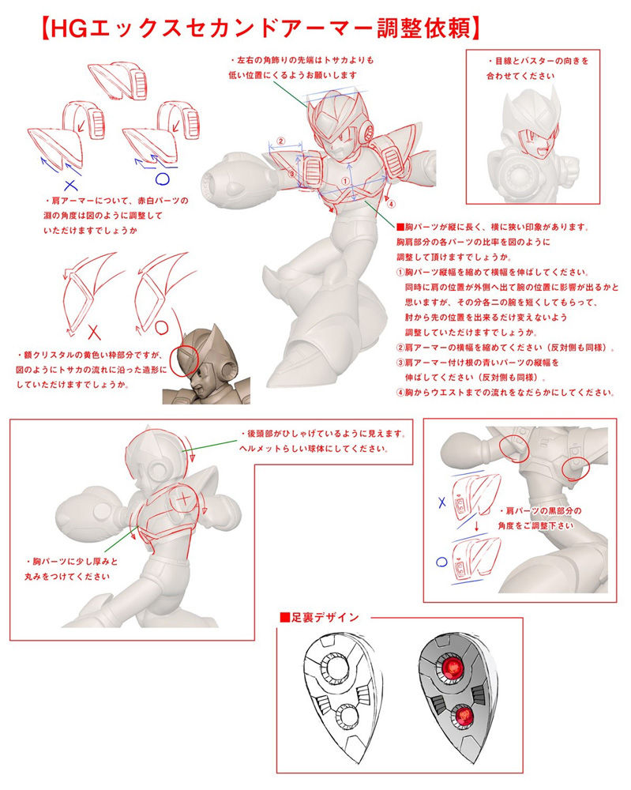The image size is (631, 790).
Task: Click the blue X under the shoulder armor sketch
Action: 71,186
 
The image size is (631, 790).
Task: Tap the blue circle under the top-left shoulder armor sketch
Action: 162,179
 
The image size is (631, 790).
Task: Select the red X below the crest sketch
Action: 94,332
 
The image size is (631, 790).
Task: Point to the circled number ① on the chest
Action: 345,180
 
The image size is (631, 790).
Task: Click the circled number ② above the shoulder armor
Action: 281,141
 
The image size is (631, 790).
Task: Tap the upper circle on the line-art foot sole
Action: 334,668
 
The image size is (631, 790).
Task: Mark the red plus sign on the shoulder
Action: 185,498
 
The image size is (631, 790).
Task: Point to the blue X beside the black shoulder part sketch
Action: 442,502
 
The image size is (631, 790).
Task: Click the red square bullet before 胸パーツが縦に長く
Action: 400,228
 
